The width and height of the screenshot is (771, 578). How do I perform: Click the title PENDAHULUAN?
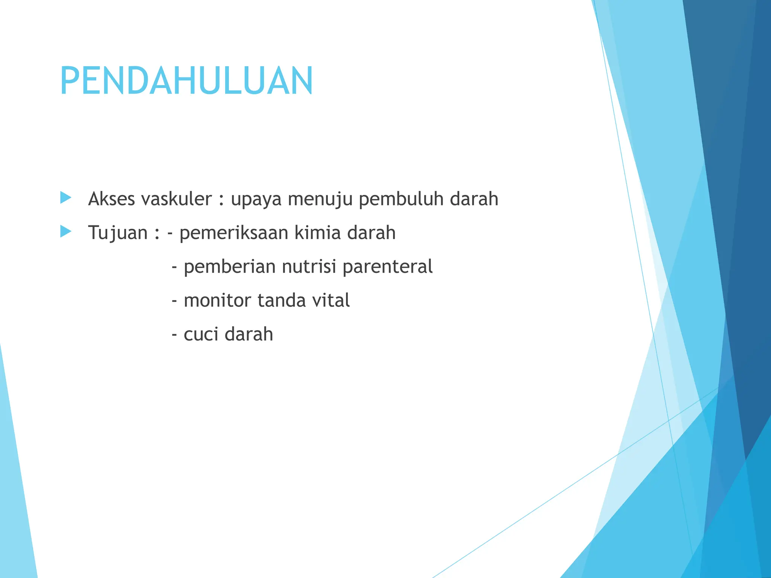(x=186, y=81)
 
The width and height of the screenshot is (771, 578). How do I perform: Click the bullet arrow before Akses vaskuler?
(x=66, y=198)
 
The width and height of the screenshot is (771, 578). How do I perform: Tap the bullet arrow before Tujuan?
(x=66, y=231)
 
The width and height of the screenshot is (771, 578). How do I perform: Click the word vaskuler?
(x=177, y=199)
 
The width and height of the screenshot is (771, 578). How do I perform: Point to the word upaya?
(x=256, y=199)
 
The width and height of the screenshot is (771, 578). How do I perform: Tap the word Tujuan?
(x=117, y=233)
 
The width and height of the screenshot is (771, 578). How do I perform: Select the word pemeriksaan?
(x=233, y=233)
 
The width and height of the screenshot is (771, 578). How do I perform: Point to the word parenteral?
(x=387, y=267)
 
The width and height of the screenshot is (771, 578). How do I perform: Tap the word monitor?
(x=217, y=300)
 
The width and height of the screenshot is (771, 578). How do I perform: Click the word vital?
(x=331, y=300)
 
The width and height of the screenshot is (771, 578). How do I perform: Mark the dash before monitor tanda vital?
(x=174, y=301)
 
